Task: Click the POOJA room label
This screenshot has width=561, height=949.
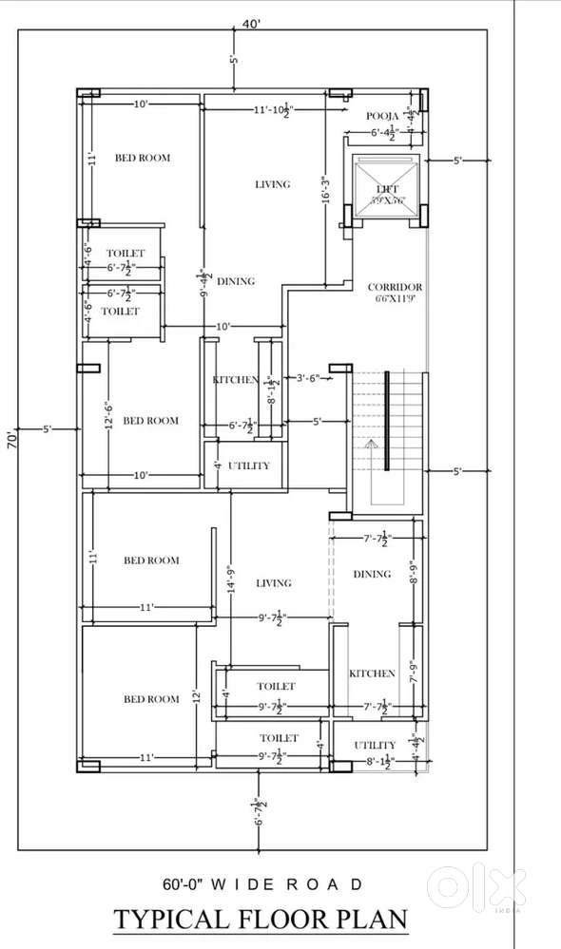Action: pos(382,116)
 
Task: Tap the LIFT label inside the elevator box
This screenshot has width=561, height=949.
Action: pos(387,190)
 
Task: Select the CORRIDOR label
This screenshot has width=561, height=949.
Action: pos(395,287)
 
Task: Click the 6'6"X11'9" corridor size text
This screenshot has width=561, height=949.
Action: pos(395,299)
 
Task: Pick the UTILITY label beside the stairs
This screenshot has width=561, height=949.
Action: pos(249,466)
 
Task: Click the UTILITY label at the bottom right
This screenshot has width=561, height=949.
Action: pos(375,745)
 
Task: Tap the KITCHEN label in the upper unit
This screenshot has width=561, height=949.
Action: pos(235,380)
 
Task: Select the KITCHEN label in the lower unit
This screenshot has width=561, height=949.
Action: pos(372,674)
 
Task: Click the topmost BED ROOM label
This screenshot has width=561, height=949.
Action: pos(143,158)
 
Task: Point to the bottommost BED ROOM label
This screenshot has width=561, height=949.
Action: pos(151,699)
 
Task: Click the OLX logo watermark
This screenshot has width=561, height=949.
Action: pos(475,888)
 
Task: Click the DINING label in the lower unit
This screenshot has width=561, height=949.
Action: pos(372,574)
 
